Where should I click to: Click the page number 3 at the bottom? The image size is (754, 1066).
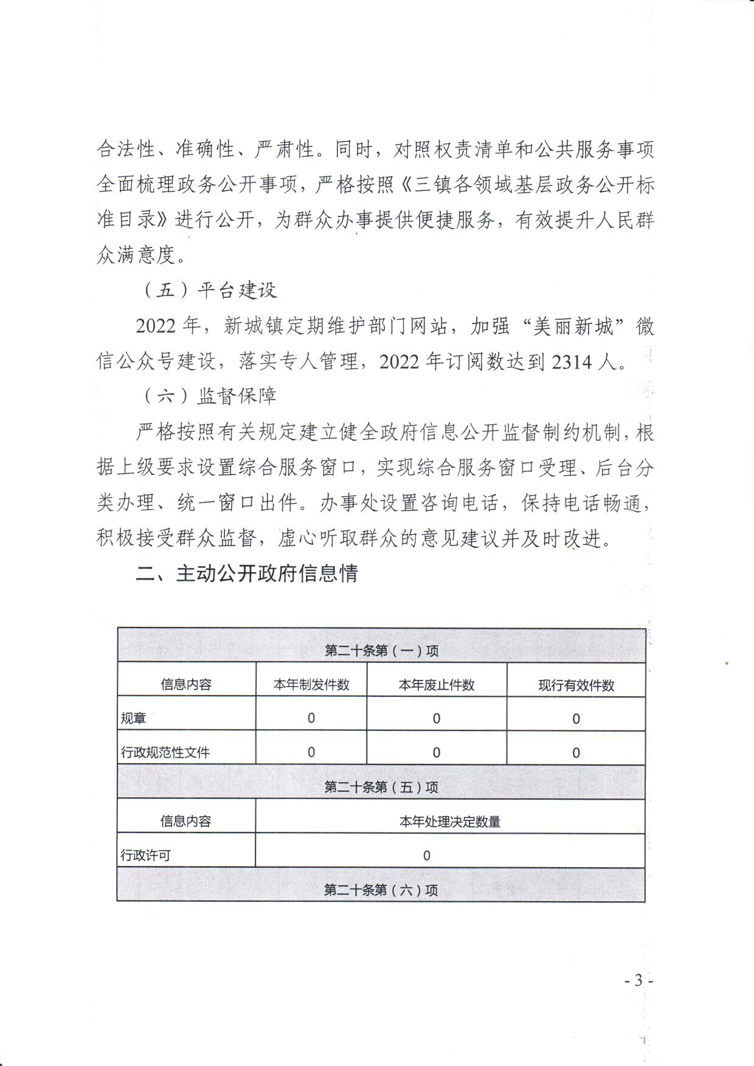click(x=638, y=981)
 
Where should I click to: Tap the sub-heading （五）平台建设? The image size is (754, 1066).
click(x=210, y=290)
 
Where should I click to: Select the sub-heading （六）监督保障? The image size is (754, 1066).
click(x=210, y=396)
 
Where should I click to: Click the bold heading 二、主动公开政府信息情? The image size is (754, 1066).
click(x=247, y=573)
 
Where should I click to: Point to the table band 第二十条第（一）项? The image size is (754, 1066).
click(x=381, y=651)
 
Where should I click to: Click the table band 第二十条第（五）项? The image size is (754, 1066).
click(x=381, y=787)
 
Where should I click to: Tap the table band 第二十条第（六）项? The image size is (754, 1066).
click(x=381, y=890)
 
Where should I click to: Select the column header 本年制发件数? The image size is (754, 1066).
click(x=311, y=685)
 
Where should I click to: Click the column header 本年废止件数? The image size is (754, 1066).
click(x=437, y=685)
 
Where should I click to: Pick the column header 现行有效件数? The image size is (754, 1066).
click(x=576, y=685)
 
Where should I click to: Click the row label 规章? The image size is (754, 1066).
click(x=134, y=719)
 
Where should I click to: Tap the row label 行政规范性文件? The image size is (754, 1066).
click(x=165, y=753)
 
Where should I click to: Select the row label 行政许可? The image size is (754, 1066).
click(x=146, y=856)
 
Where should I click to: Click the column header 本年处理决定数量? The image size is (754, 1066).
click(x=450, y=822)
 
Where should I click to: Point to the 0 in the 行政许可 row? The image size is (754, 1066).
click(x=427, y=856)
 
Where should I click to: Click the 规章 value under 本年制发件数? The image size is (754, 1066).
click(x=311, y=718)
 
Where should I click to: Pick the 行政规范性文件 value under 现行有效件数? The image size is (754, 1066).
click(x=576, y=753)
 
